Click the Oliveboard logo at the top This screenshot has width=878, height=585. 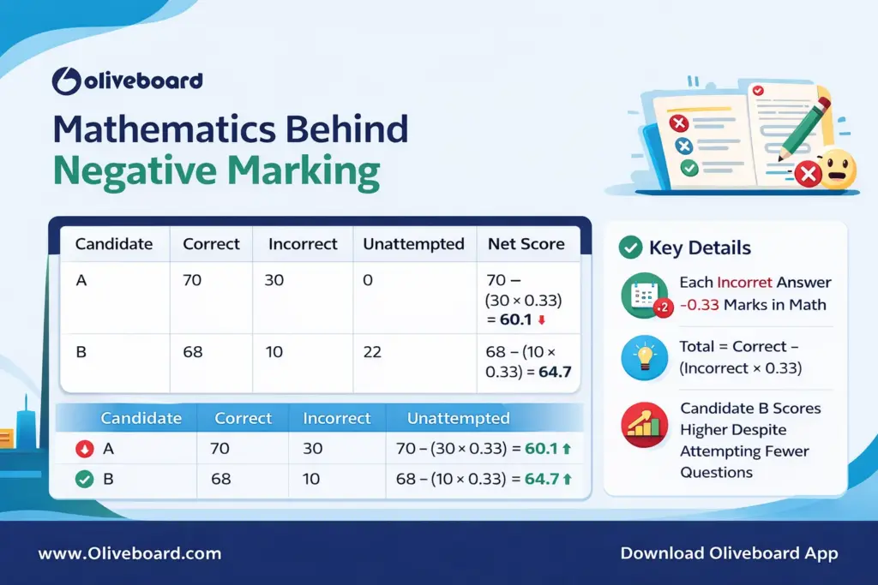pos(127,81)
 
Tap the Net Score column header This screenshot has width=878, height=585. pos(526,244)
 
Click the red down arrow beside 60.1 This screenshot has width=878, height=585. pos(542,320)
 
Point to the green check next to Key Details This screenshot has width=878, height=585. pos(630,248)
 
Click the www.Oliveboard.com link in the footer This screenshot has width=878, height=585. pos(129,553)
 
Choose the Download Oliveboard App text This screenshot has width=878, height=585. pos(729,553)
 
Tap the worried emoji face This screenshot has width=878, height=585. pos(837,169)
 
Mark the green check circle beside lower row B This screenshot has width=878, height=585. pos(84,480)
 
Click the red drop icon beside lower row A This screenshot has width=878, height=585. pos(84,448)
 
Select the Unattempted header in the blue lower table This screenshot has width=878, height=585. pos(458,419)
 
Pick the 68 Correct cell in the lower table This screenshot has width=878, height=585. pos(220,480)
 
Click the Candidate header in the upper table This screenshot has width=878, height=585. pos(114,244)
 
